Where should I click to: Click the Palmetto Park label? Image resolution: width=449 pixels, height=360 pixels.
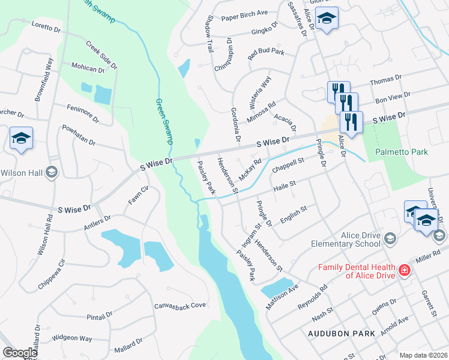pos(402,152)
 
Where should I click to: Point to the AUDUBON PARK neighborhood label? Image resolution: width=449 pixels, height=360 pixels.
pos(342,333)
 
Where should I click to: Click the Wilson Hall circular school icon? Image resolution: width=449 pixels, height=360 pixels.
pos(52,173)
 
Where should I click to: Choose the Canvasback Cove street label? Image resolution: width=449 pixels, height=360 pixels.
pos(180,305)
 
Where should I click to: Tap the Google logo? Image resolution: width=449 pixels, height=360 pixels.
pos(20,353)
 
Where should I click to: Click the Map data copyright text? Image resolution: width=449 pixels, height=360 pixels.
pos(423,355)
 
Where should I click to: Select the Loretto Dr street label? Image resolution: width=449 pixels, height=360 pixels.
pos(46,28)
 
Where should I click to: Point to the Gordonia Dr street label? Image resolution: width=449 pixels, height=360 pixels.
pos(235,125)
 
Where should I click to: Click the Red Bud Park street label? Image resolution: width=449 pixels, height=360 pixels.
pos(266,52)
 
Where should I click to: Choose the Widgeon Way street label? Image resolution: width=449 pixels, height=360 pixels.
pos(71,339)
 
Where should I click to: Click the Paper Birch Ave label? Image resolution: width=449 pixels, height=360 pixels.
pos(244,13)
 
